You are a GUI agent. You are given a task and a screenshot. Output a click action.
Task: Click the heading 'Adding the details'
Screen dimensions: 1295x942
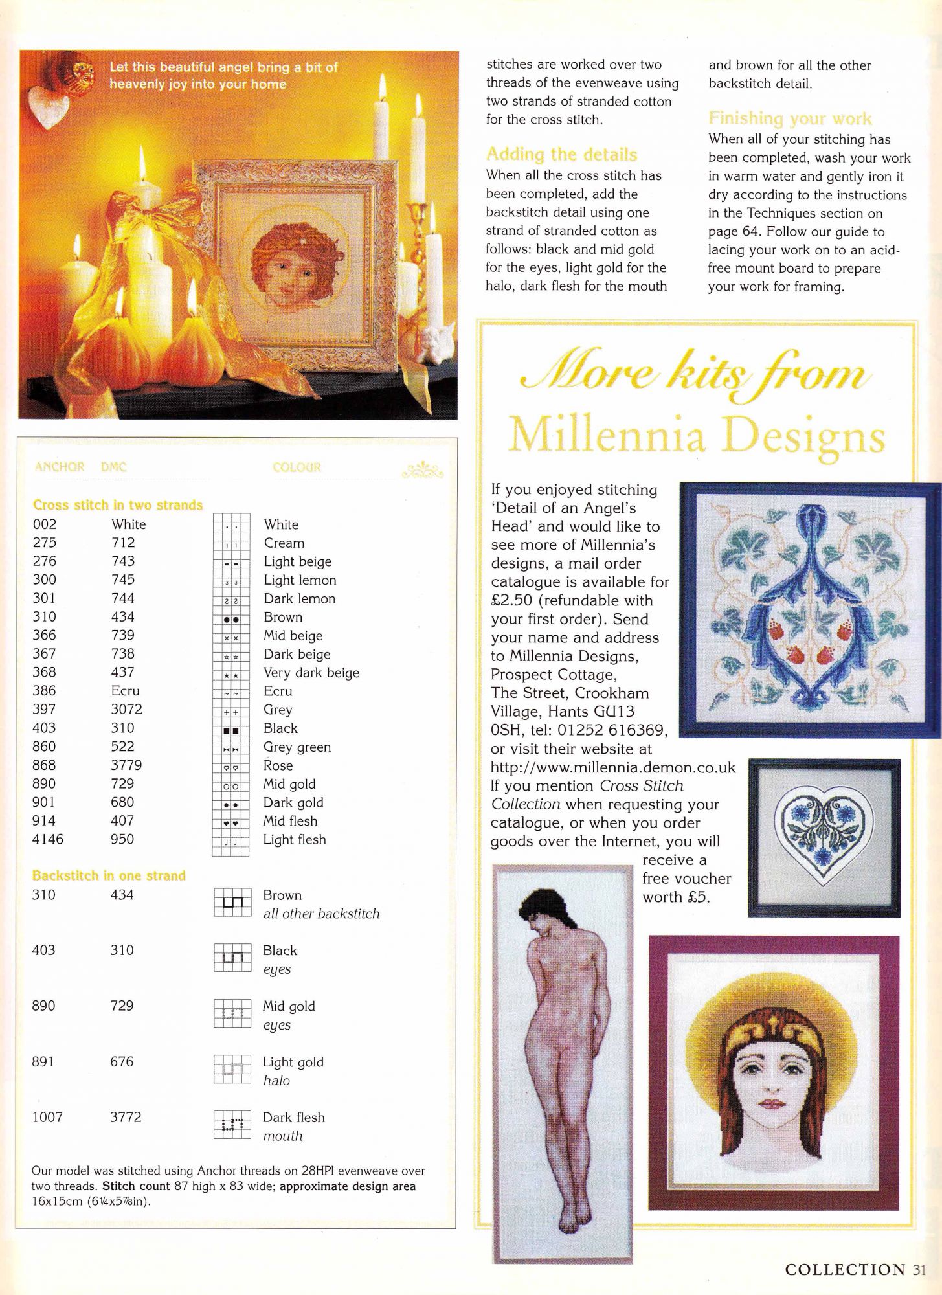561,154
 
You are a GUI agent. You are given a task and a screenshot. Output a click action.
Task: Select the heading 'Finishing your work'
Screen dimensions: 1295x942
790,118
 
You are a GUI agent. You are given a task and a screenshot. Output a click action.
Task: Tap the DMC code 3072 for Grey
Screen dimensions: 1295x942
126,709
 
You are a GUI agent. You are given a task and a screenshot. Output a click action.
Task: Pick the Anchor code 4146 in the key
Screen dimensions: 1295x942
48,839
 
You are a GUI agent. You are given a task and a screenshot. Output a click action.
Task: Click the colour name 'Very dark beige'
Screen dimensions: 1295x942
311,673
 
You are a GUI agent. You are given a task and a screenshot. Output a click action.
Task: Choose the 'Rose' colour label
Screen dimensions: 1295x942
278,765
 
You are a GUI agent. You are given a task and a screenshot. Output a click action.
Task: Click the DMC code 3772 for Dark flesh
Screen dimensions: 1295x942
126,1117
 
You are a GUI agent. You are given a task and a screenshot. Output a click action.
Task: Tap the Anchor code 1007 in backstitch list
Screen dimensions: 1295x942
47,1117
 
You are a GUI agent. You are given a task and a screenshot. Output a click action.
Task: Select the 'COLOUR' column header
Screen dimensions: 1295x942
297,467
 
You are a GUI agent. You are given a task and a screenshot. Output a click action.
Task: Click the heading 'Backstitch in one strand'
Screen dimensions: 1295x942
109,875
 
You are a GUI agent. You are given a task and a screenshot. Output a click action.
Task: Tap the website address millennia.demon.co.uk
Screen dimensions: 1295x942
613,767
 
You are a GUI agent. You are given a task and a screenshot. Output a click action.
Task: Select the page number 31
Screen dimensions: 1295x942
919,1270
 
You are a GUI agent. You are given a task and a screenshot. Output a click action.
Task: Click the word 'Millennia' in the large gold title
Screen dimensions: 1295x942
605,434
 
